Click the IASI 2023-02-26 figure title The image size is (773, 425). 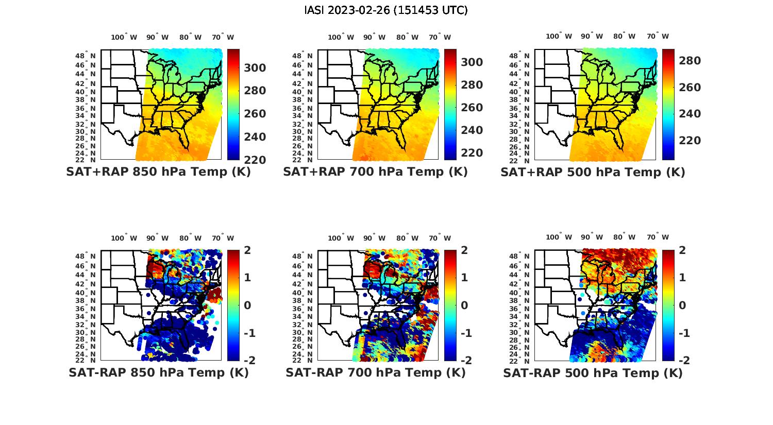(386, 10)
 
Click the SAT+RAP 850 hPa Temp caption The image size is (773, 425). (158, 172)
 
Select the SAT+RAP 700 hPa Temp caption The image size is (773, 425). (375, 172)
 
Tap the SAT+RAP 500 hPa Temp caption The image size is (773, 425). (593, 173)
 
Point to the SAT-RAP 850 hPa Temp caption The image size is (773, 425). (158, 372)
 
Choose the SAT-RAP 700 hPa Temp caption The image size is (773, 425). (375, 372)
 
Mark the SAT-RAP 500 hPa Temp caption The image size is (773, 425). (593, 373)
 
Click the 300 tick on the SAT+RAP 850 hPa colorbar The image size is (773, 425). (255, 68)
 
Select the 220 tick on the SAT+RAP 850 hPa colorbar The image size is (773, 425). (255, 160)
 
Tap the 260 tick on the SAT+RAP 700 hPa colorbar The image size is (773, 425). (472, 108)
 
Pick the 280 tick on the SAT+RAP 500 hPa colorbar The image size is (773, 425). (690, 61)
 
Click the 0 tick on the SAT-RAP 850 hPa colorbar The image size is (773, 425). (247, 305)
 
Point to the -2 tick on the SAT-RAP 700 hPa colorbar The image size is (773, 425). (461, 360)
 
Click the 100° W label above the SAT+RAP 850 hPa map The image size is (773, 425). (124, 37)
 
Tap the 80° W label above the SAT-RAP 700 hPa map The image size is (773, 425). (406, 238)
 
